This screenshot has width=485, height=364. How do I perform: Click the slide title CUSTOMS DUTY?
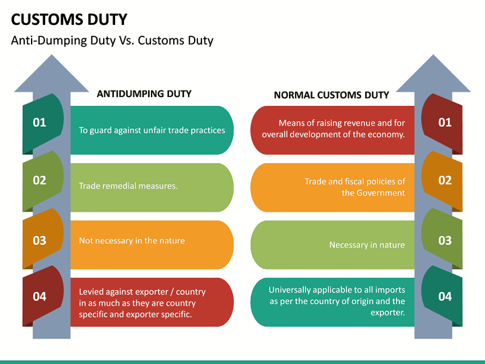pos(69,18)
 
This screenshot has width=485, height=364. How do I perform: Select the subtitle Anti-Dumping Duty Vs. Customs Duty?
pos(112,40)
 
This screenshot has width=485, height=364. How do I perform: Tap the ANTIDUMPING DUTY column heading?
pos(144,94)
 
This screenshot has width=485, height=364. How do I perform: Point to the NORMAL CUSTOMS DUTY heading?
pos(331,95)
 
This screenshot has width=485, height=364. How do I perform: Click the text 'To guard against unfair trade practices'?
pos(152,130)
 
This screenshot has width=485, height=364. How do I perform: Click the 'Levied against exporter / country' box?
pos(152,303)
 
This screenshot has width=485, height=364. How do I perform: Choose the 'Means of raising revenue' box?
pos(333,129)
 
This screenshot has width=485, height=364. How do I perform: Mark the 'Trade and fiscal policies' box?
pos(333,187)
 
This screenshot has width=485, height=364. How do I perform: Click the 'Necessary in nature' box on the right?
pos(333,245)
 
